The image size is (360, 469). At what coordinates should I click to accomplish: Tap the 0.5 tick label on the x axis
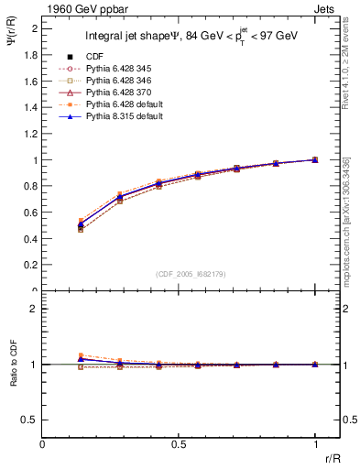click(179, 443)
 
